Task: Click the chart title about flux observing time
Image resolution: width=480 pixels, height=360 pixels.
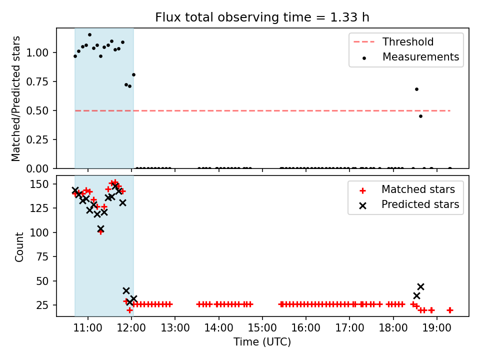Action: (x=262, y=17)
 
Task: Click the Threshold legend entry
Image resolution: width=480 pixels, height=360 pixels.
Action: (x=393, y=41)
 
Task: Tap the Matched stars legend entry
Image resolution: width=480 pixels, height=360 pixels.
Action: (x=407, y=189)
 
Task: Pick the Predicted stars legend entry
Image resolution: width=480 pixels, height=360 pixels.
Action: (x=409, y=204)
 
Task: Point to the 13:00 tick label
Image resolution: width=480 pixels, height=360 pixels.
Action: (x=175, y=328)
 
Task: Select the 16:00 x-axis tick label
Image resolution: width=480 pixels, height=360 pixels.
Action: (x=306, y=328)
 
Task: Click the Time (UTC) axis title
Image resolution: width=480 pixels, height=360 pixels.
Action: (x=262, y=341)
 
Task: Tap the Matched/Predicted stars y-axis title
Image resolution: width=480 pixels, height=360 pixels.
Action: (x=15, y=98)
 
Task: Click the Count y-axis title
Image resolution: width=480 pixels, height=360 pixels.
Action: (x=19, y=247)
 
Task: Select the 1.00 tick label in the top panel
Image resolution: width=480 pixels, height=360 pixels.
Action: (x=37, y=52)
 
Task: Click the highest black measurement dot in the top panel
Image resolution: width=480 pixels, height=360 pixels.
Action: (x=89, y=35)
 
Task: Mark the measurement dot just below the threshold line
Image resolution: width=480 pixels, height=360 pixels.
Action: (x=420, y=116)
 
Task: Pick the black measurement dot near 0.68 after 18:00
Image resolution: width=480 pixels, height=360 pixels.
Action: (x=416, y=89)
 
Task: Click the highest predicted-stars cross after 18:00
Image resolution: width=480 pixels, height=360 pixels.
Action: (x=420, y=287)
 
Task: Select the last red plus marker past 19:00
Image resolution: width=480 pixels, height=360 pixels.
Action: (x=450, y=310)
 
